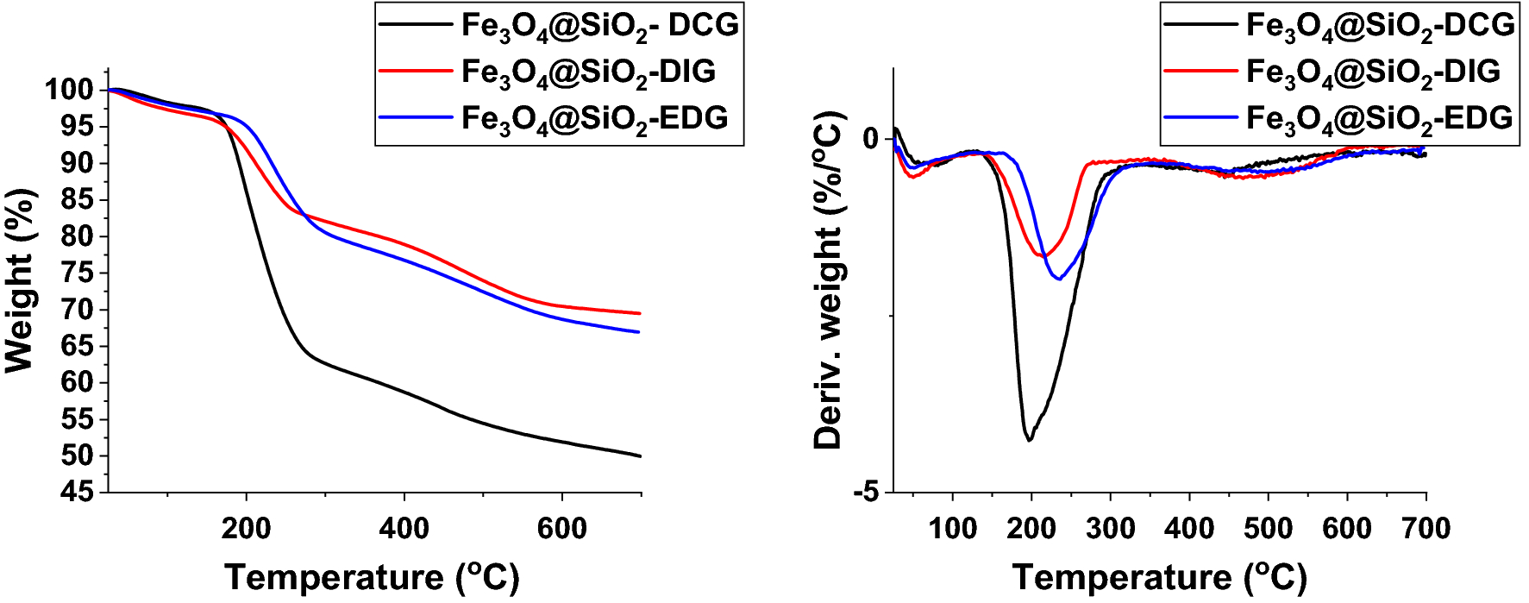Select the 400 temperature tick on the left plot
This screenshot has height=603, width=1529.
coord(404,527)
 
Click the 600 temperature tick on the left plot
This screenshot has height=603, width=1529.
coord(561,527)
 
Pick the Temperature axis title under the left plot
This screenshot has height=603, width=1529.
coord(372,577)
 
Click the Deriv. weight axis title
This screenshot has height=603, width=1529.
coord(828,280)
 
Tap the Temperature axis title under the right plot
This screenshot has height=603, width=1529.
coord(1159,577)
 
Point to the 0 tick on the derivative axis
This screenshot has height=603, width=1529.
coord(871,138)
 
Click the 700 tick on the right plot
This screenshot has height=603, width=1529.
coord(1426,527)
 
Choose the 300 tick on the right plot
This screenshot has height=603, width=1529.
coord(1111,527)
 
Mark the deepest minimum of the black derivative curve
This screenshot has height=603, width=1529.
coord(1029,440)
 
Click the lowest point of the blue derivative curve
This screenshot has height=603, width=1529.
coord(1059,279)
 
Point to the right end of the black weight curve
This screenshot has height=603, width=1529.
coord(640,455)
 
